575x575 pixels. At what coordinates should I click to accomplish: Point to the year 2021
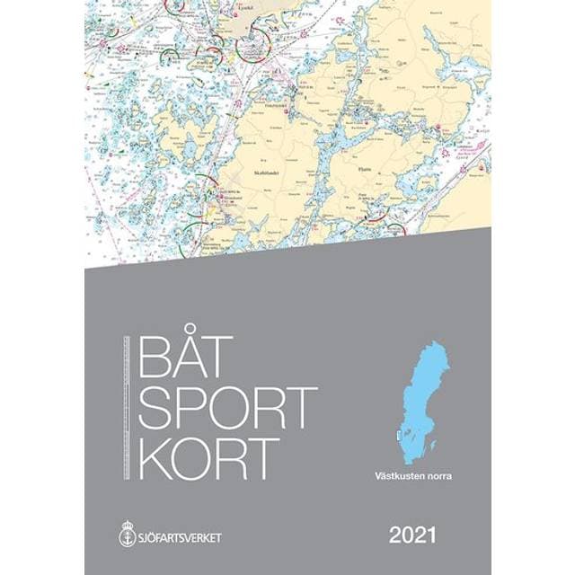(412, 537)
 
